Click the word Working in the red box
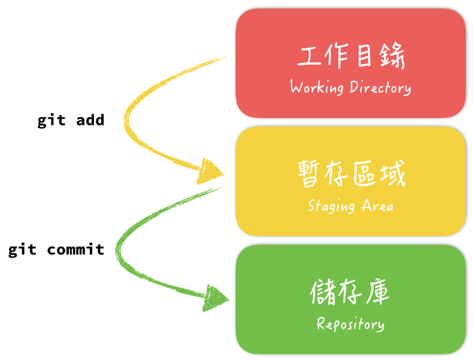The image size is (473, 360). pos(316,87)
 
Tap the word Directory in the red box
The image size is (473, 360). pos(380,87)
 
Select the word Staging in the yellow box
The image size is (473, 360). pos(331,206)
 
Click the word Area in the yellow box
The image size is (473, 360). pos(378,206)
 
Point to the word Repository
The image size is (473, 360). pos(350,324)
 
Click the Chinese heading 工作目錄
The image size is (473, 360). pos(351,57)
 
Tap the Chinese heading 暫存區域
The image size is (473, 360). pos(351,175)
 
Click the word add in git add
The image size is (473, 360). pos(90,121)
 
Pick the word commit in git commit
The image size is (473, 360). pos(76,249)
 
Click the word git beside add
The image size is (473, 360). pos(51,121)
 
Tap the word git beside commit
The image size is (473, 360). pos(22,249)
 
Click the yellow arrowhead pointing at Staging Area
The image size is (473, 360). pos(211,171)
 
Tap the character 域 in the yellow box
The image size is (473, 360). pos(391,175)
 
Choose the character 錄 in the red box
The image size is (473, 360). pos(392,57)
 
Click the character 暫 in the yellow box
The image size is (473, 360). pos(310,175)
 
